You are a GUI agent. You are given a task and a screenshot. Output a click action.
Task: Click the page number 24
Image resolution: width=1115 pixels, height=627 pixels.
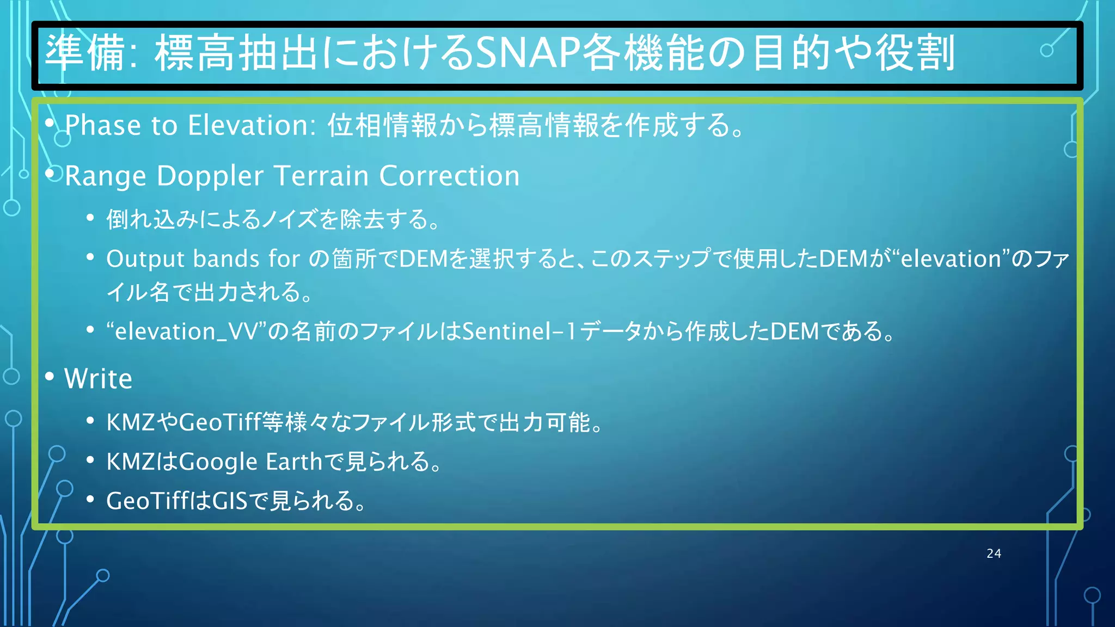click(994, 554)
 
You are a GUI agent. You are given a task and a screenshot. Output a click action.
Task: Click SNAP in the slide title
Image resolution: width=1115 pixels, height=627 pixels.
click(528, 53)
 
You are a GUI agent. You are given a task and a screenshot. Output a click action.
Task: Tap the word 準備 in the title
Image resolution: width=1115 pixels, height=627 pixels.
click(84, 53)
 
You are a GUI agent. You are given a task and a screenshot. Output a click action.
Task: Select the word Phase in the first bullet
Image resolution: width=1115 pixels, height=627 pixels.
click(103, 126)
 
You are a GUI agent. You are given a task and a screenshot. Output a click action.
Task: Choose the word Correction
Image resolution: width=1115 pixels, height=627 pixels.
click(449, 176)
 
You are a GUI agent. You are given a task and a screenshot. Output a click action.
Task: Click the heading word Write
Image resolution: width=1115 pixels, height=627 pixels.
click(98, 379)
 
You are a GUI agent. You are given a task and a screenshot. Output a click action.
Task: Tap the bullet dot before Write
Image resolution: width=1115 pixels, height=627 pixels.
click(50, 376)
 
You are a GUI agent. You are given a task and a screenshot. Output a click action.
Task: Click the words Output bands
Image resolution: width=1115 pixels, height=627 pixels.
click(182, 259)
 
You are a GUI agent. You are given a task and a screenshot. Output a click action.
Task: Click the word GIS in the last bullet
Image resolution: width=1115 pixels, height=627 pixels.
click(230, 501)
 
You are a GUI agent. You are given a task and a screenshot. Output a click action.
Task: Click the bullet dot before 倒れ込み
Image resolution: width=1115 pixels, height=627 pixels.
click(90, 218)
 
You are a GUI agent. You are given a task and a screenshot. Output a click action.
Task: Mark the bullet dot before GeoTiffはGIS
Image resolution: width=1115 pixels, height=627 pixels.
click(90, 499)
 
